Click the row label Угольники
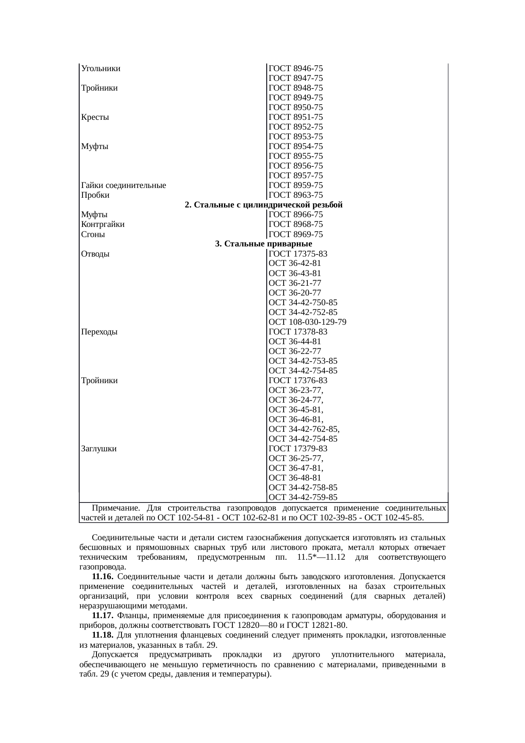tap(101, 69)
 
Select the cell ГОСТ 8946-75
tap(296, 69)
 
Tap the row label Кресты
tap(95, 117)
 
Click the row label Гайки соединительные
tap(123, 185)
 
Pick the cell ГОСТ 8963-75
tap(296, 195)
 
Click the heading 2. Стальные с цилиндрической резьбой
tap(263, 205)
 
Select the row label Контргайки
tap(102, 224)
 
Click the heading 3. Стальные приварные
tap(263, 244)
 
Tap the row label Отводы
tap(95, 254)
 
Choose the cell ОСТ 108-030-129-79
tap(307, 322)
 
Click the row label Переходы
tap(99, 332)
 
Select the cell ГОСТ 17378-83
tap(298, 332)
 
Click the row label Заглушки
tap(99, 449)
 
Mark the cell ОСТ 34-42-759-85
tap(303, 497)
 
